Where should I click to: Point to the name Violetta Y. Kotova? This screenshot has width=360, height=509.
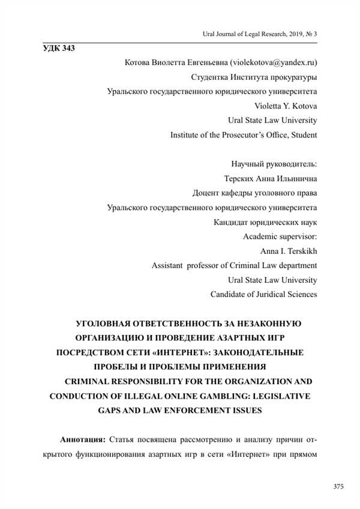286,106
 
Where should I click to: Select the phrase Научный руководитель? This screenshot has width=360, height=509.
274,164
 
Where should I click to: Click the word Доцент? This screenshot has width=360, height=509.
207,193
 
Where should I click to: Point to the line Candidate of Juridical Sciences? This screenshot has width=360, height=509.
263,294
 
